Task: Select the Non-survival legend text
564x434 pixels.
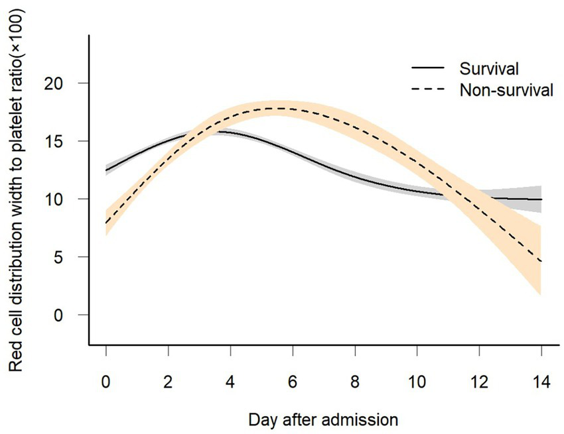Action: point(506,91)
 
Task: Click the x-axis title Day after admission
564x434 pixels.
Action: point(323,419)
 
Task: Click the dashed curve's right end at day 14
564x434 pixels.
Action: point(541,261)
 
